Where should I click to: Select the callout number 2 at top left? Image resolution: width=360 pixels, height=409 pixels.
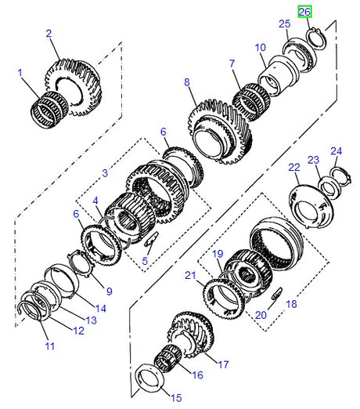click(x=49, y=34)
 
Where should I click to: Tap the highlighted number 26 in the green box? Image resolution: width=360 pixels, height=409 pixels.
click(x=304, y=12)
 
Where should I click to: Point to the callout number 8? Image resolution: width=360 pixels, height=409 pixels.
click(x=188, y=82)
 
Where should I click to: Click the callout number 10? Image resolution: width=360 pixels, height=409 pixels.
click(x=260, y=48)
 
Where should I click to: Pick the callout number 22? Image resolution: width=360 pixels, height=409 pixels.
click(x=294, y=168)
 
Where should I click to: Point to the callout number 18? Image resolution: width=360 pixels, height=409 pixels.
click(x=293, y=304)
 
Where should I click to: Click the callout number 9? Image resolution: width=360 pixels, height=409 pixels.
click(x=109, y=291)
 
